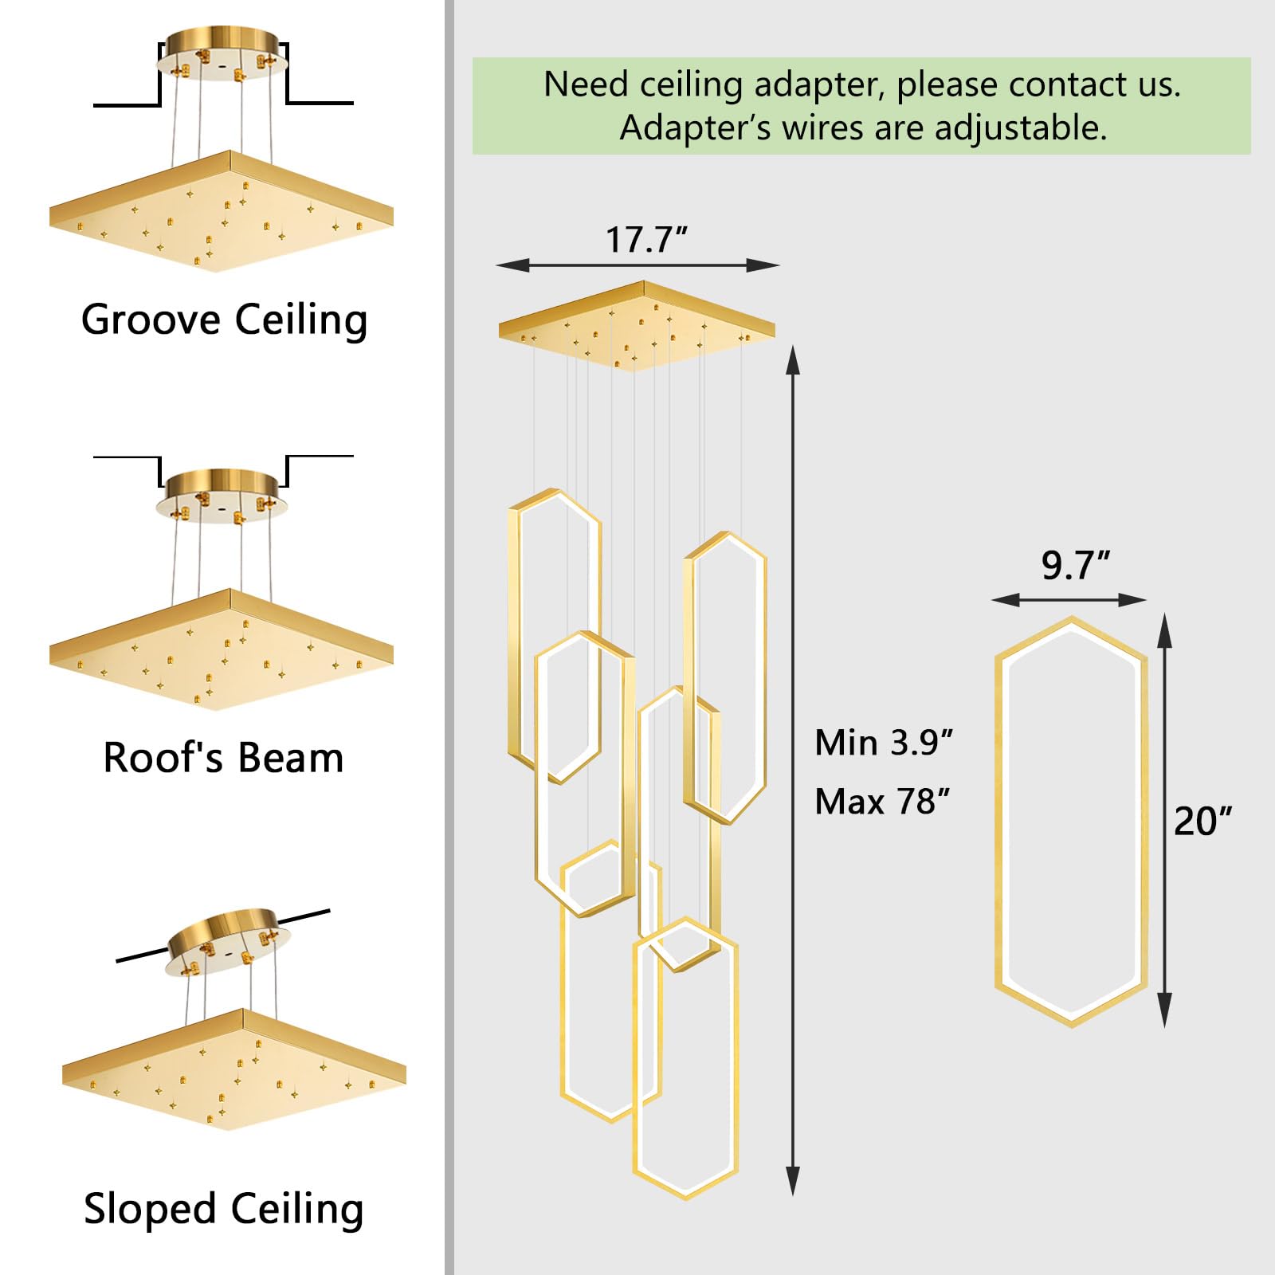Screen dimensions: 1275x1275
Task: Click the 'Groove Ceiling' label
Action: click(224, 320)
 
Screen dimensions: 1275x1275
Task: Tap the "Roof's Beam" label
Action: click(223, 758)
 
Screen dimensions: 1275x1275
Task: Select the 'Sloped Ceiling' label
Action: click(224, 1210)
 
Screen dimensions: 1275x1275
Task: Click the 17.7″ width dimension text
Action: click(646, 239)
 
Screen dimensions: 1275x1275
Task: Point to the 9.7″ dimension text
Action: click(1075, 565)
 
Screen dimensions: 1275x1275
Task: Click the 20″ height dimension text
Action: click(1202, 821)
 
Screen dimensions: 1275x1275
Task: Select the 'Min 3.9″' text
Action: click(884, 743)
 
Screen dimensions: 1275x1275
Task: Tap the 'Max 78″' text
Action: click(883, 802)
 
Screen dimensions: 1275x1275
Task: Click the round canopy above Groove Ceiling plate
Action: click(222, 53)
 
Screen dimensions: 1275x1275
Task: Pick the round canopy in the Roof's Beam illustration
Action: click(222, 494)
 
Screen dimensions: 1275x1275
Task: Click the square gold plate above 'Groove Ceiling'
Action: click(222, 210)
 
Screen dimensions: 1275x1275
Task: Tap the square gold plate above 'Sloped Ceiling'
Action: click(234, 1069)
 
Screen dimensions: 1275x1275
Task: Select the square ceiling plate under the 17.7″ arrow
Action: click(637, 325)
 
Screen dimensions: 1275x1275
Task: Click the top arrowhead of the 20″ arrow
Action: click(1164, 629)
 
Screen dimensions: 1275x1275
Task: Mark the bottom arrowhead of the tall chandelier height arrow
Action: click(793, 1179)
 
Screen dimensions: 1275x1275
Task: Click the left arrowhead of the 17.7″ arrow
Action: click(512, 265)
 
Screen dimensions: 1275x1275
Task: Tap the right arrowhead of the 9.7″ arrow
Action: click(1132, 599)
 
